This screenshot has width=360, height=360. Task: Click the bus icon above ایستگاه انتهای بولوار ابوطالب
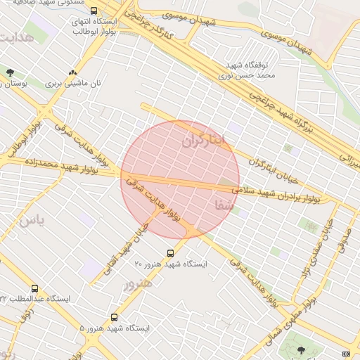click(94, 11)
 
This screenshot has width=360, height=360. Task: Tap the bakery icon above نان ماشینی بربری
click(72, 72)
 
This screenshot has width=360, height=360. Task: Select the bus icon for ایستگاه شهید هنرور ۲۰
click(169, 253)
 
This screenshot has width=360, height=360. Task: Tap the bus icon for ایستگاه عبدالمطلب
click(35, 288)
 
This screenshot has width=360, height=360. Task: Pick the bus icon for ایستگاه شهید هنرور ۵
click(115, 317)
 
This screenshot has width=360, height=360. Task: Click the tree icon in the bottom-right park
click(302, 349)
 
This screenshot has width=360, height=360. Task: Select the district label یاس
click(32, 221)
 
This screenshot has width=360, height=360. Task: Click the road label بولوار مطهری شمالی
click(289, 323)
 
